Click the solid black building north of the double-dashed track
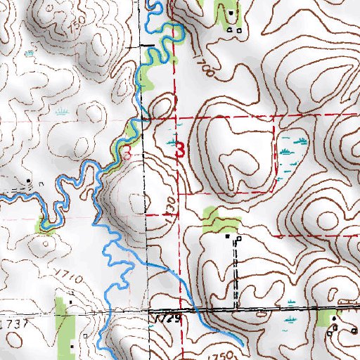(x=226, y=236)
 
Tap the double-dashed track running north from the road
(x=236, y=274)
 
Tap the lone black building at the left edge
(x=28, y=181)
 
